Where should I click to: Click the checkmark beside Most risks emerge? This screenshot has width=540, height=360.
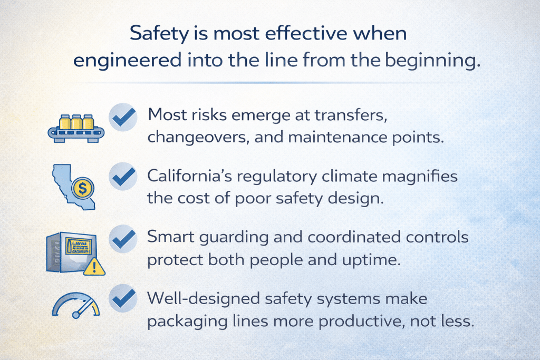tap(123, 117)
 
